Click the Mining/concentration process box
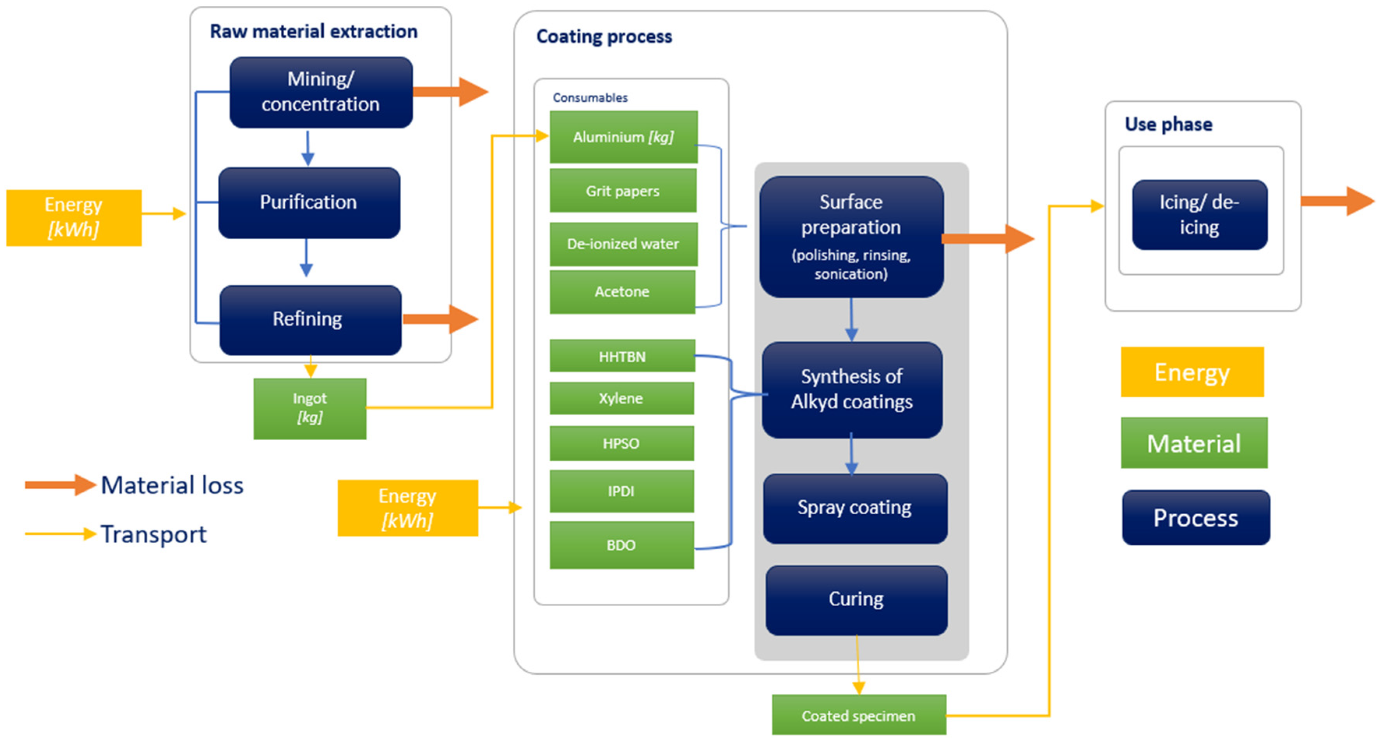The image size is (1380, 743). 321,92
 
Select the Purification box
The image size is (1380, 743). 309,203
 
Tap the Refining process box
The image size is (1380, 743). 310,320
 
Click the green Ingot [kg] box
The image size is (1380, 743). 310,408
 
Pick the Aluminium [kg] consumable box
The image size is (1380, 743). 623,137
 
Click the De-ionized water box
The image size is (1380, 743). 623,244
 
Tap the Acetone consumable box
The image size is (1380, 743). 622,291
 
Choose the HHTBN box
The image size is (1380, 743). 622,356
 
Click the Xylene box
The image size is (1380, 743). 621,398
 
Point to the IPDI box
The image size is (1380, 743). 621,491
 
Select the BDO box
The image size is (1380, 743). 621,545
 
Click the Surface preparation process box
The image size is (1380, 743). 851,236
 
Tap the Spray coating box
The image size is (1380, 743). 855,508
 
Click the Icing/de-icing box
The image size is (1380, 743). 1199,215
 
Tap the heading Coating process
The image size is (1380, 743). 604,36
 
